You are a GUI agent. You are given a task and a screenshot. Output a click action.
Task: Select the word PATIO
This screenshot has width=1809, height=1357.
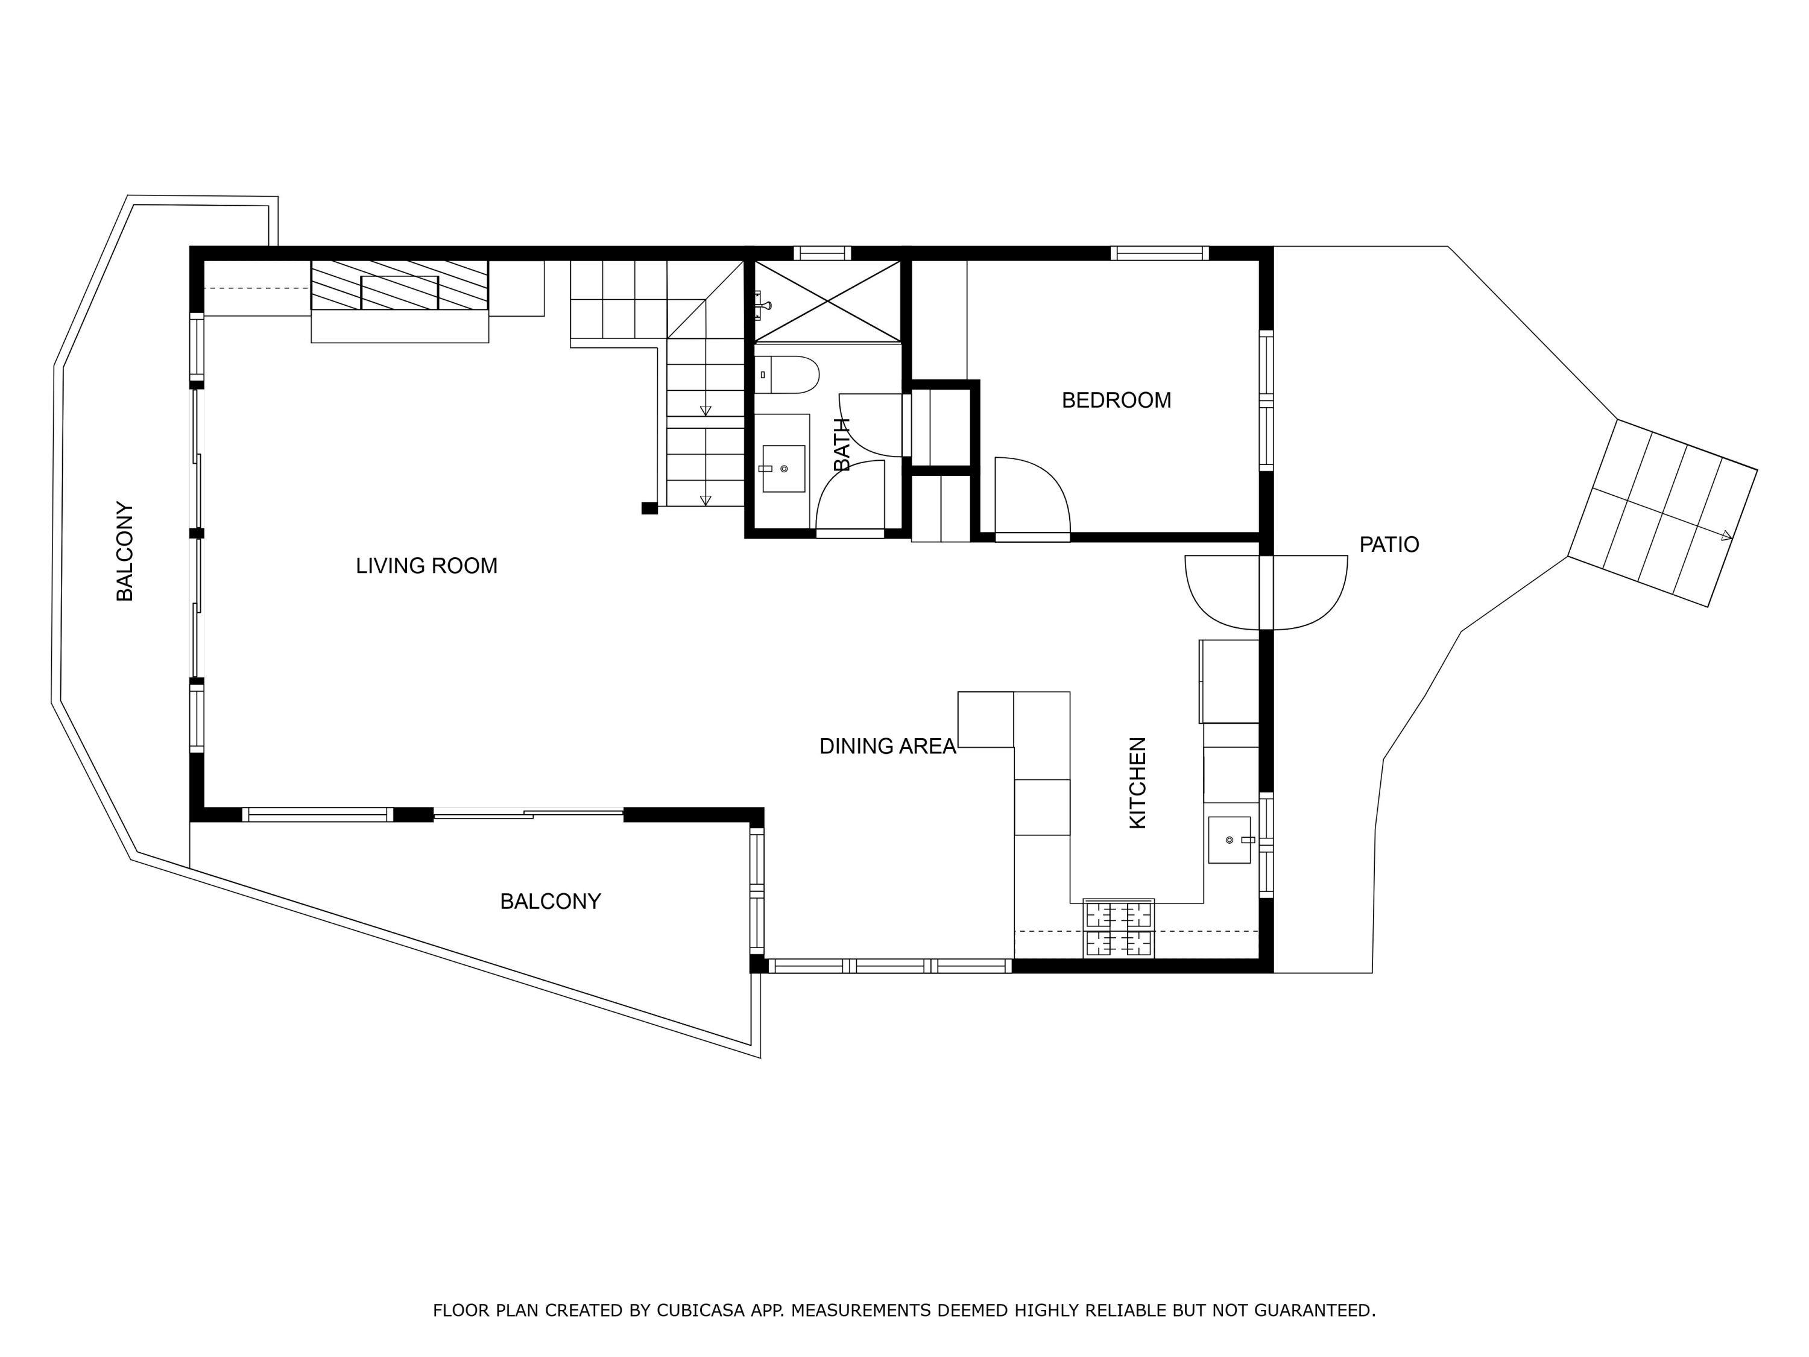[1389, 545]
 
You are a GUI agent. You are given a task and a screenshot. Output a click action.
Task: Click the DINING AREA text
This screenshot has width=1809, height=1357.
[888, 747]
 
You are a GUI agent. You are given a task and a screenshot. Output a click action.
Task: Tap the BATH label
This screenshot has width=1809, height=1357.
[842, 444]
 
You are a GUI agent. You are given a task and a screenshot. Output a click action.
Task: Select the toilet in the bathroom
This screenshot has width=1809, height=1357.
[788, 375]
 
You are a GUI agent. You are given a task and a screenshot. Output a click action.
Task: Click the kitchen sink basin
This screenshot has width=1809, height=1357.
[1228, 840]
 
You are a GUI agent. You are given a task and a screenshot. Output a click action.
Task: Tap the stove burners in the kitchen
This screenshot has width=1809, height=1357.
[1118, 928]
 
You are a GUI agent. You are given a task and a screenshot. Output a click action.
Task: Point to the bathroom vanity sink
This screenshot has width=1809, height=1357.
[783, 469]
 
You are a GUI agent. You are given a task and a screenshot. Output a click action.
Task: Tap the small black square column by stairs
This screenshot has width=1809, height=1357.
[649, 508]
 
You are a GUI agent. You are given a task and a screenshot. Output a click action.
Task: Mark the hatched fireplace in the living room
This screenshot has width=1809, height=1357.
[399, 285]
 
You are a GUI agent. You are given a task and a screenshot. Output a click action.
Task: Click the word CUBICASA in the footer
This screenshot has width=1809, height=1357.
[700, 1311]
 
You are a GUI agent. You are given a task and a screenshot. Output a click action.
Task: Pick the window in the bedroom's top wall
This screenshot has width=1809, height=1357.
[1159, 253]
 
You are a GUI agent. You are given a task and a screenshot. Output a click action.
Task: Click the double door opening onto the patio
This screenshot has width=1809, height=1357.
[1265, 592]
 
